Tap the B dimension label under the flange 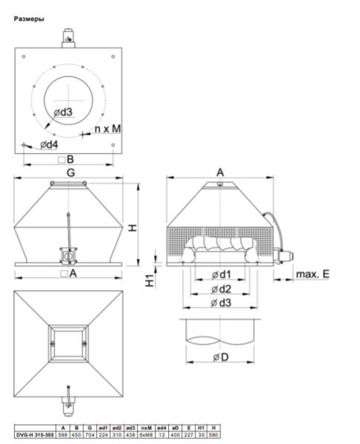(67, 160)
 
